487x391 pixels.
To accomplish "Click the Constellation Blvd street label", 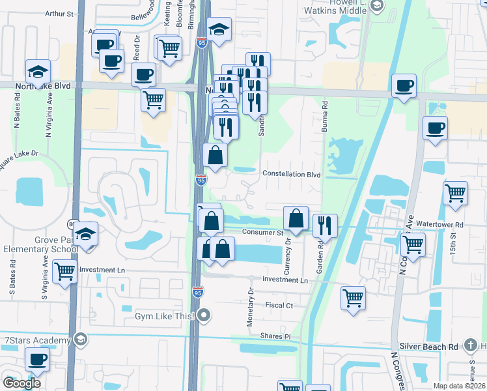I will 292,175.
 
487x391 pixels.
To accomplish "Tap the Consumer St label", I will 262,232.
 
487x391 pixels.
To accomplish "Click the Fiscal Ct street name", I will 279,305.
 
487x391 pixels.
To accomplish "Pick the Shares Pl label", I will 276,336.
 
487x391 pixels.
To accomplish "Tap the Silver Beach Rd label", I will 430,347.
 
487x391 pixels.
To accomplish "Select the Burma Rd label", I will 324,117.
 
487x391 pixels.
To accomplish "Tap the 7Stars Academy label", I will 37,341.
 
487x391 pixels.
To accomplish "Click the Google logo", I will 21,383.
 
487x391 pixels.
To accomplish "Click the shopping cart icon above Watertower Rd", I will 455,192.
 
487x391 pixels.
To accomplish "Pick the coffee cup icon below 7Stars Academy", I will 37,358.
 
